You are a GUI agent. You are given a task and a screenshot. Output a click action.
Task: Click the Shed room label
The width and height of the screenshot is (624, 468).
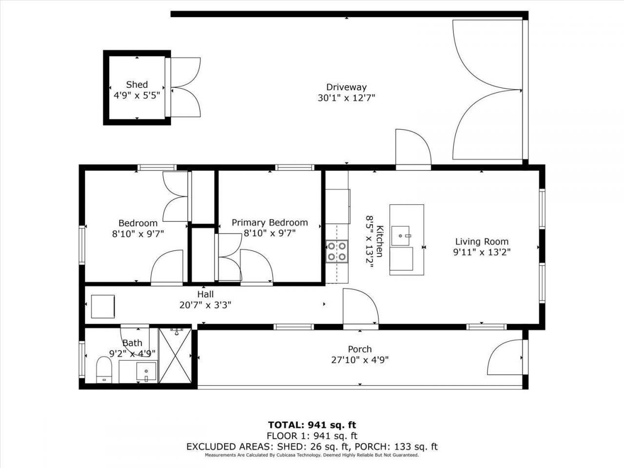pos(136,84)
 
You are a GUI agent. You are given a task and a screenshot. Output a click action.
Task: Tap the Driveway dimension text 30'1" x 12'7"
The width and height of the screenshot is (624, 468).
pos(346,97)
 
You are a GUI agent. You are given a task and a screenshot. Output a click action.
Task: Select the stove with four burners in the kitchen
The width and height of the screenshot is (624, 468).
pos(337,251)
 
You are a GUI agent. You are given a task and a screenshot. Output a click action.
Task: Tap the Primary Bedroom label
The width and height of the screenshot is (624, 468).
pos(270,222)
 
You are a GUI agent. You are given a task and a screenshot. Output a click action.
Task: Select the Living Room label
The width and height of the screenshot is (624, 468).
pos(482,241)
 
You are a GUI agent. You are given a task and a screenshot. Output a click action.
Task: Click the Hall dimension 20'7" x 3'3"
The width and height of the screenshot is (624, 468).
pos(205,305)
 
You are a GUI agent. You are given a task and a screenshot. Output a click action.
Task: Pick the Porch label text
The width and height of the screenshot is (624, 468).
pos(360,349)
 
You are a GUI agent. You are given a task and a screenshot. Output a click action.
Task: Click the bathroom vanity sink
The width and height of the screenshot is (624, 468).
pos(146,371)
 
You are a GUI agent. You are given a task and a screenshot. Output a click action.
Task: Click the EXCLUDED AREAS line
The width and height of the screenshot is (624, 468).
pos(312,447)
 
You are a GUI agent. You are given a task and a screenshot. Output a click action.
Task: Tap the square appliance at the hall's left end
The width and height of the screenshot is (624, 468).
pos(103,307)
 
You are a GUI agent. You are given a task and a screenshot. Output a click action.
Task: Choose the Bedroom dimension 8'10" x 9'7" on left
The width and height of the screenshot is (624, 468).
pos(138,234)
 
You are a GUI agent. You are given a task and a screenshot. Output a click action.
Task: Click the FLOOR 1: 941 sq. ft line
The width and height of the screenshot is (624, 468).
pos(312,436)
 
